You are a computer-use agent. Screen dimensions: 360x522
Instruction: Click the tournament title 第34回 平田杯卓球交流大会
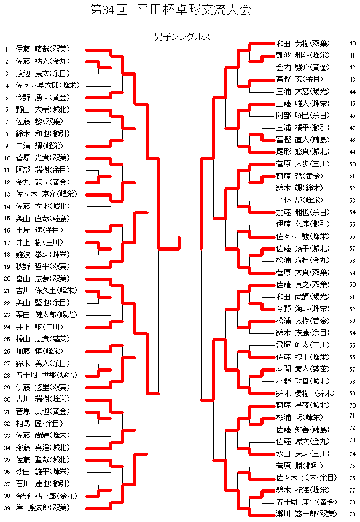pyautogui.click(x=171, y=10)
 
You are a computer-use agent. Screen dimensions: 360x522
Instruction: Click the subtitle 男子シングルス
pyautogui.click(x=182, y=36)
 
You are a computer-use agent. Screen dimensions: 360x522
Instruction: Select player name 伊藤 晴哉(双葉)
pyautogui.click(x=42, y=49)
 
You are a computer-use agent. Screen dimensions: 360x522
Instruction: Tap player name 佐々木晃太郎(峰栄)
pyautogui.click(x=48, y=85)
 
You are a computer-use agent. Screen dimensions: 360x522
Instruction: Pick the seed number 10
pyautogui.click(x=7, y=158)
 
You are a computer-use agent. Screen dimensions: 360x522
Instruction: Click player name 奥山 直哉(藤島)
pyautogui.click(x=42, y=219)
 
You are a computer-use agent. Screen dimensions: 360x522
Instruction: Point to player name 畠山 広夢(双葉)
pyautogui.click(x=42, y=279)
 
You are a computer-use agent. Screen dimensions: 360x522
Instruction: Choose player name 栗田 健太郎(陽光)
pyautogui.click(x=46, y=315)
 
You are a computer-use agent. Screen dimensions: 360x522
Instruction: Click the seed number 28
pyautogui.click(x=7, y=375)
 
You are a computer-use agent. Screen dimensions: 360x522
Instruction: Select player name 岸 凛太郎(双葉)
pyautogui.click(x=42, y=508)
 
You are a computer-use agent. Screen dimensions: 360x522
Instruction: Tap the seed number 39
pyautogui.click(x=7, y=508)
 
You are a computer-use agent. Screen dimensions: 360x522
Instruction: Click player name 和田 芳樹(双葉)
pyautogui.click(x=303, y=43)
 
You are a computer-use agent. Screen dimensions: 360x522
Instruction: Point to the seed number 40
pyautogui.click(x=353, y=43)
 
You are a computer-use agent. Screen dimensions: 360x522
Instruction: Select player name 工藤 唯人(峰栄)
pyautogui.click(x=303, y=104)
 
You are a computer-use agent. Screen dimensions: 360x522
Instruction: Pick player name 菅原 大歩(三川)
pyautogui.click(x=303, y=164)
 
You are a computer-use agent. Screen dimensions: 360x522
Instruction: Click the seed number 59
pyautogui.click(x=353, y=273)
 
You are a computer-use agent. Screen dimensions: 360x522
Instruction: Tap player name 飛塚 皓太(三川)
pyautogui.click(x=303, y=345)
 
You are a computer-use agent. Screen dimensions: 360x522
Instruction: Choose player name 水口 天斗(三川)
pyautogui.click(x=303, y=453)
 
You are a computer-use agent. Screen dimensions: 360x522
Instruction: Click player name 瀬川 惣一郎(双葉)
pyautogui.click(x=307, y=513)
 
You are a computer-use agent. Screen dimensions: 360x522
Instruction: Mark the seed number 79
pyautogui.click(x=353, y=515)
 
